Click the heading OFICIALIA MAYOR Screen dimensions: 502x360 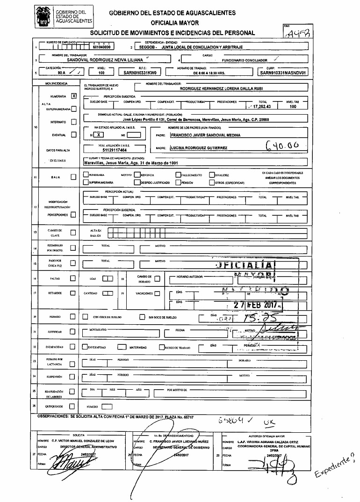tap(175, 22)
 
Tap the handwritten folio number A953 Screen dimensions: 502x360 tap(300, 32)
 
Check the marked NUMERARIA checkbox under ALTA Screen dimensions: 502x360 tap(73, 97)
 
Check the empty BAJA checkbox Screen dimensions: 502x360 tap(73, 177)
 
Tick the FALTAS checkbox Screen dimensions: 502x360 tap(73, 278)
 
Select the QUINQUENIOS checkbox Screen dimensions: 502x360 tap(73, 406)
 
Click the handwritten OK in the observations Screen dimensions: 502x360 tap(269, 422)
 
